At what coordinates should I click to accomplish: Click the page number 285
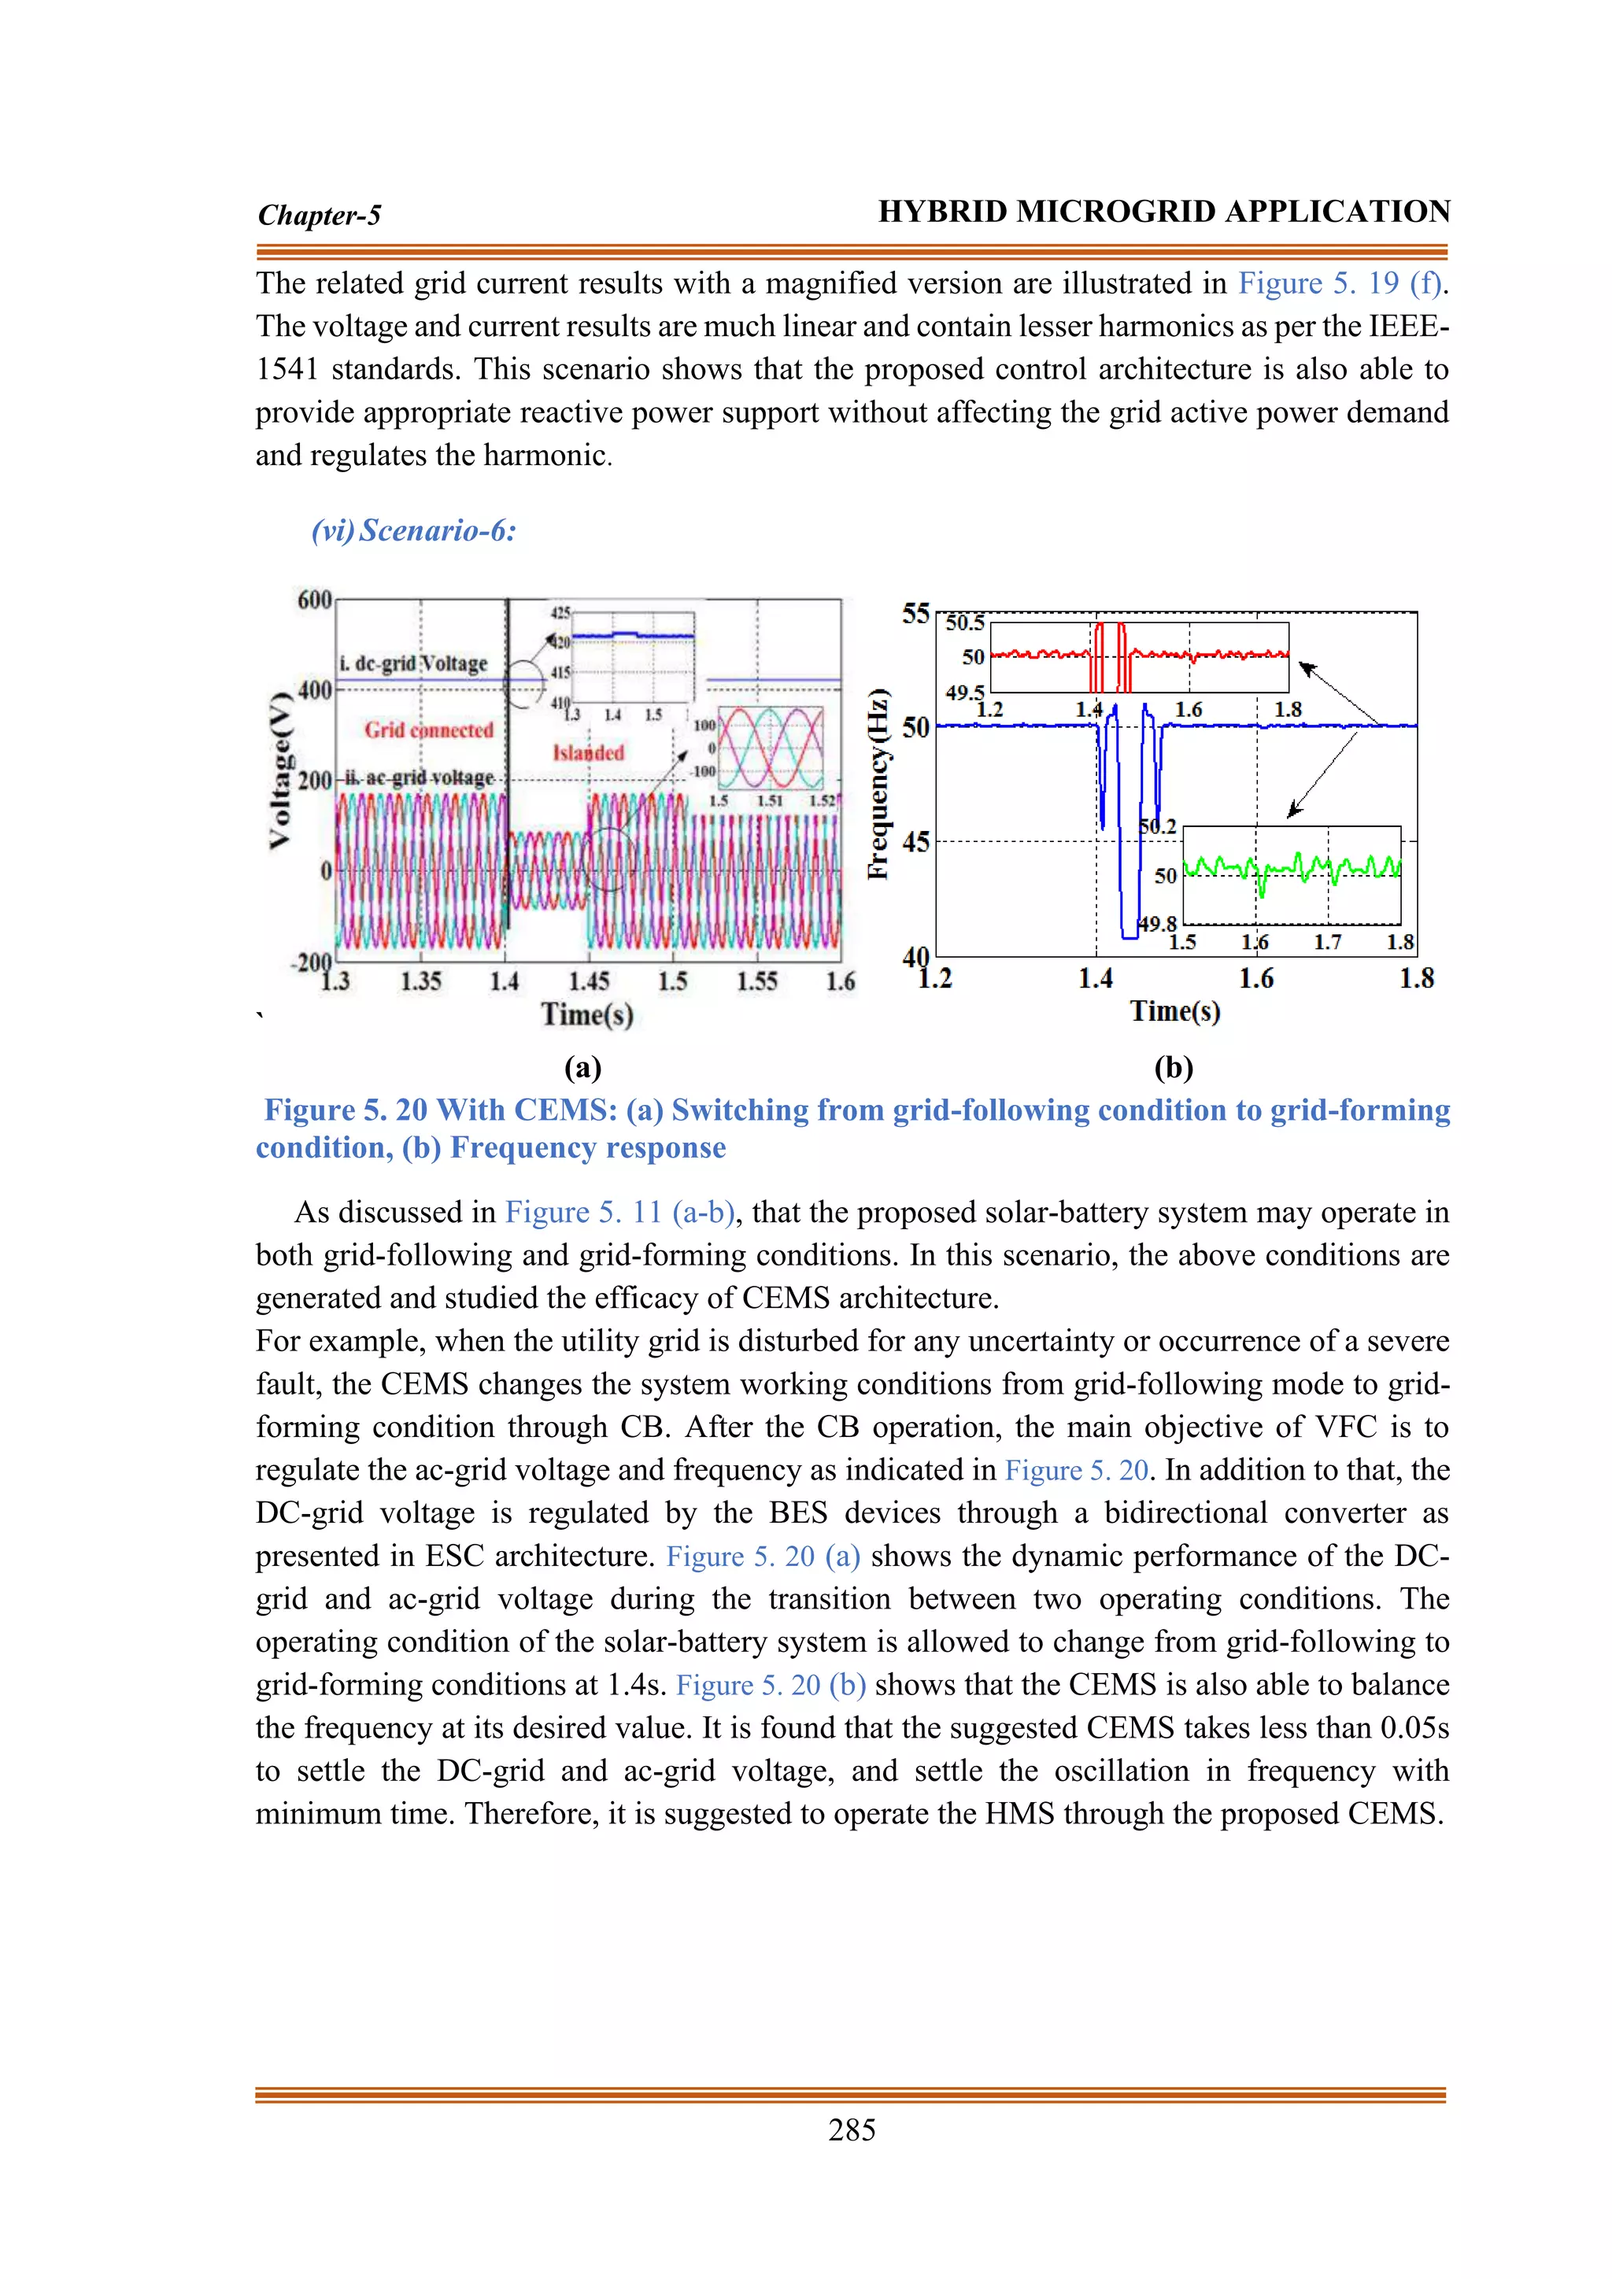coord(852,2129)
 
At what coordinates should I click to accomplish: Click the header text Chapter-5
coord(319,216)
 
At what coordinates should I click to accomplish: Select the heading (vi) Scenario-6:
coord(414,530)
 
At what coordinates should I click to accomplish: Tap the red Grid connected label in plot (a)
coord(429,730)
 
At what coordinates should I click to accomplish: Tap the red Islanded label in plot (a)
coord(589,752)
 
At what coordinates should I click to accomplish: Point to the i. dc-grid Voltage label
coord(414,663)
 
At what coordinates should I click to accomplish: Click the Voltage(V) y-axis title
coord(281,770)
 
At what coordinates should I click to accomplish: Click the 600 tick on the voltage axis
coord(314,600)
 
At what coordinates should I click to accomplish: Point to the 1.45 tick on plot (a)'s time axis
coord(589,981)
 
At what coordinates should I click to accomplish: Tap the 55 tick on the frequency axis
coord(915,613)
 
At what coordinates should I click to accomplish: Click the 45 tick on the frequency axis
coord(915,842)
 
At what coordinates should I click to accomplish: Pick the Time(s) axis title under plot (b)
coord(1175,1011)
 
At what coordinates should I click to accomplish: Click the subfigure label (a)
coord(582,1068)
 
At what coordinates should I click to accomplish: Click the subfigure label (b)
coord(1174,1068)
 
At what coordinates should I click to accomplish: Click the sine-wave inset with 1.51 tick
coord(771,748)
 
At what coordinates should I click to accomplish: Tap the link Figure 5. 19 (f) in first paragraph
coord(1339,284)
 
